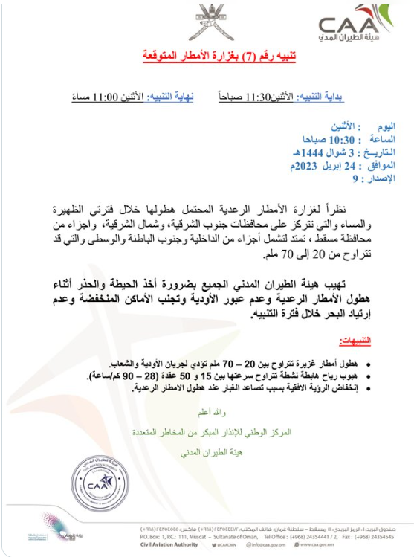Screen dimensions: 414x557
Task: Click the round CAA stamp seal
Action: coord(95,483)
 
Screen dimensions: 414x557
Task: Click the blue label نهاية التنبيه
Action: coord(169,97)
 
